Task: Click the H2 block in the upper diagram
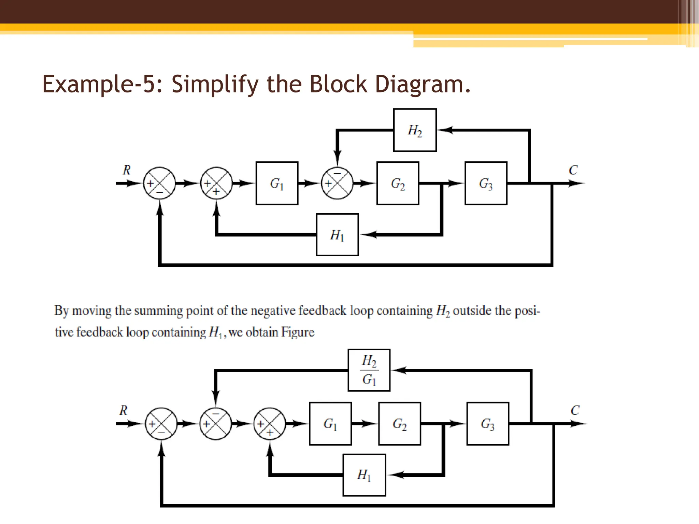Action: click(x=415, y=130)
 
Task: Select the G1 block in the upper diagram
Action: click(x=277, y=183)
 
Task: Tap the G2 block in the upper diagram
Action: click(x=398, y=183)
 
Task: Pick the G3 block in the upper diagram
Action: click(x=486, y=183)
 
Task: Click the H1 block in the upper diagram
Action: click(x=337, y=235)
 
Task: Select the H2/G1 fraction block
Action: click(x=369, y=370)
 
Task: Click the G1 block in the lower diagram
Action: click(x=330, y=424)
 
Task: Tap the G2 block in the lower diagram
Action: click(x=399, y=424)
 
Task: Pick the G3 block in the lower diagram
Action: click(x=488, y=424)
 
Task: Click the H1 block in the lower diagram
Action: click(x=364, y=475)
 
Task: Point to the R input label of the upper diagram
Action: click(x=127, y=170)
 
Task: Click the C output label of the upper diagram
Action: click(x=573, y=170)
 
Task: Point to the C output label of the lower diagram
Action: click(x=575, y=410)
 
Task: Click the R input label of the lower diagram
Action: click(x=123, y=410)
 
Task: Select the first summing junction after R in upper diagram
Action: click(x=159, y=183)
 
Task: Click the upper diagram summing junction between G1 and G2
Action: click(x=337, y=183)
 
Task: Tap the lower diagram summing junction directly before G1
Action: click(x=270, y=424)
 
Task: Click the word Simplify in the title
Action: click(x=215, y=84)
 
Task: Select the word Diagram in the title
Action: click(x=423, y=84)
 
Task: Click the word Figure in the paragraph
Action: click(x=298, y=332)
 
